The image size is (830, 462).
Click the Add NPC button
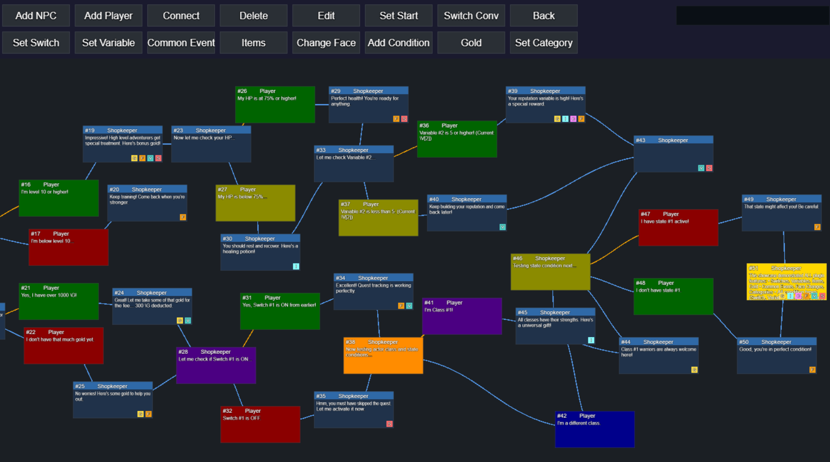(36, 16)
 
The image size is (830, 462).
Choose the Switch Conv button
(471, 16)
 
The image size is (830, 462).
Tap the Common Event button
(181, 43)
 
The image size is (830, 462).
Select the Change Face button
(326, 43)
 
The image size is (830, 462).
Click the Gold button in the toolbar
(471, 43)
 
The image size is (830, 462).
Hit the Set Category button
(544, 43)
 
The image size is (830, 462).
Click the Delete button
(253, 16)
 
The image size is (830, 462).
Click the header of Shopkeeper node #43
(673, 140)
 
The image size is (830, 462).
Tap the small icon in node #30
(296, 266)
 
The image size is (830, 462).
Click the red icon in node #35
(389, 424)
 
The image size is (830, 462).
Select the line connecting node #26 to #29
(322, 105)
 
